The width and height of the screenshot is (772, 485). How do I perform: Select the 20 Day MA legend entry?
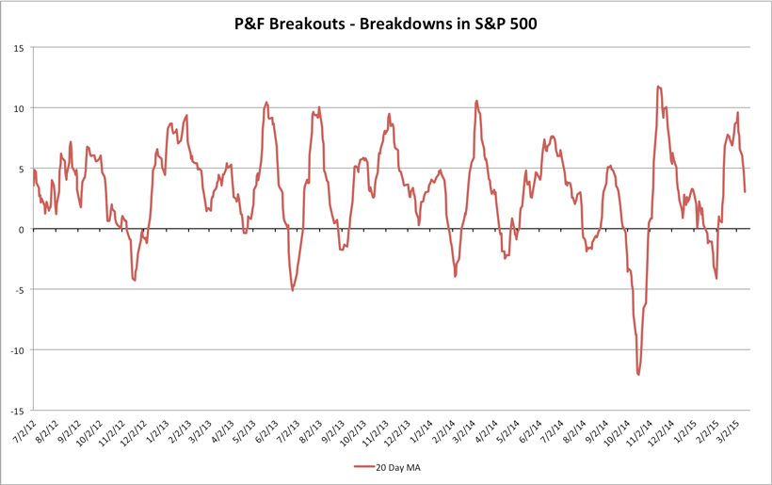click(x=394, y=466)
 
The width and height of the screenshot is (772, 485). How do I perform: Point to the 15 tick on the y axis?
click(x=19, y=47)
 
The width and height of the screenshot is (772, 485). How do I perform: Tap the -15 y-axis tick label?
click(x=17, y=411)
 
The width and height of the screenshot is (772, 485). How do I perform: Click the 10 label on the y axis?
click(x=19, y=108)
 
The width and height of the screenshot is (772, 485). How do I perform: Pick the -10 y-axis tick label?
click(x=17, y=350)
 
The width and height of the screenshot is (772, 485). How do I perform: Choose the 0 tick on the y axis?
click(x=22, y=229)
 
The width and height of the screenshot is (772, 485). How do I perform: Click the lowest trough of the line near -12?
click(x=638, y=374)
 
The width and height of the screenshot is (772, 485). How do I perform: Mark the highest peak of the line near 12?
click(x=658, y=87)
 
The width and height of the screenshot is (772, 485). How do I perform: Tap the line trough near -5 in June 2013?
click(x=293, y=289)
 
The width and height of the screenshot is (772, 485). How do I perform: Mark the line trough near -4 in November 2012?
click(x=135, y=280)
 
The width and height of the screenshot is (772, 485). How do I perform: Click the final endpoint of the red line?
click(x=745, y=192)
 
